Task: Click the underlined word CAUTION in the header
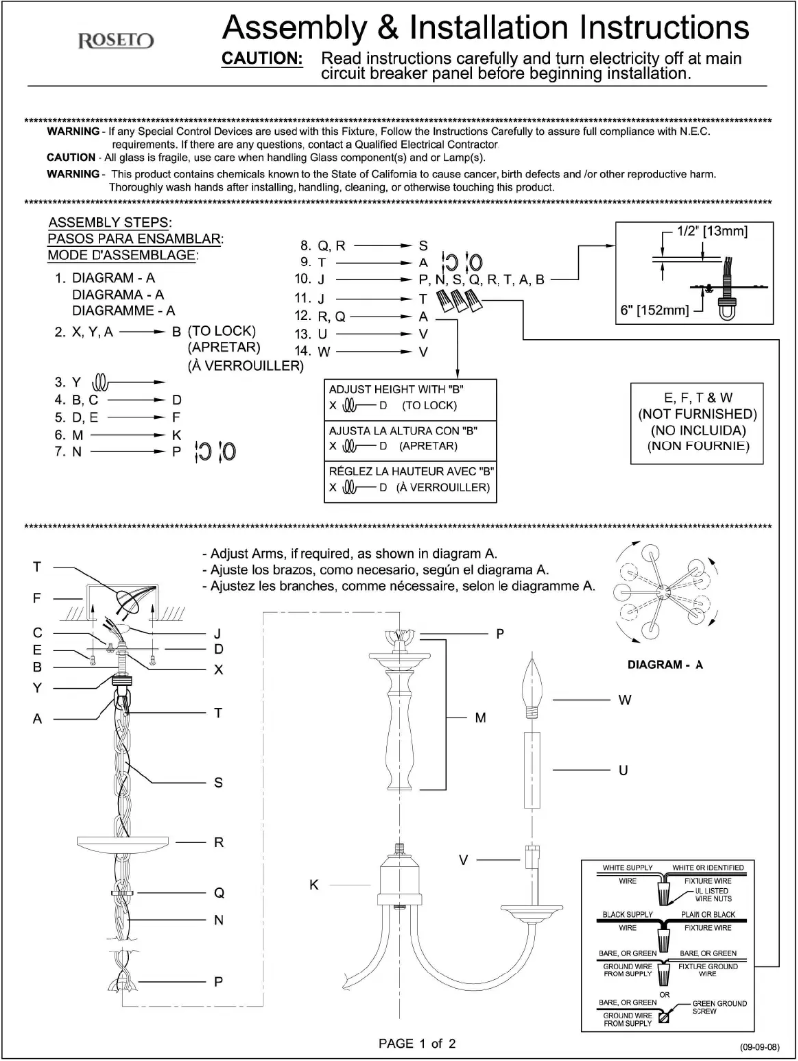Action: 262,59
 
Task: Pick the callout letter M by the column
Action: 480,717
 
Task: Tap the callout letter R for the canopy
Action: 219,842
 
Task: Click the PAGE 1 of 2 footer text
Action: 417,1043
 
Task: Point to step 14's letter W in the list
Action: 324,352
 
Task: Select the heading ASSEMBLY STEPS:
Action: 110,221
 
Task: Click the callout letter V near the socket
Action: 463,858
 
